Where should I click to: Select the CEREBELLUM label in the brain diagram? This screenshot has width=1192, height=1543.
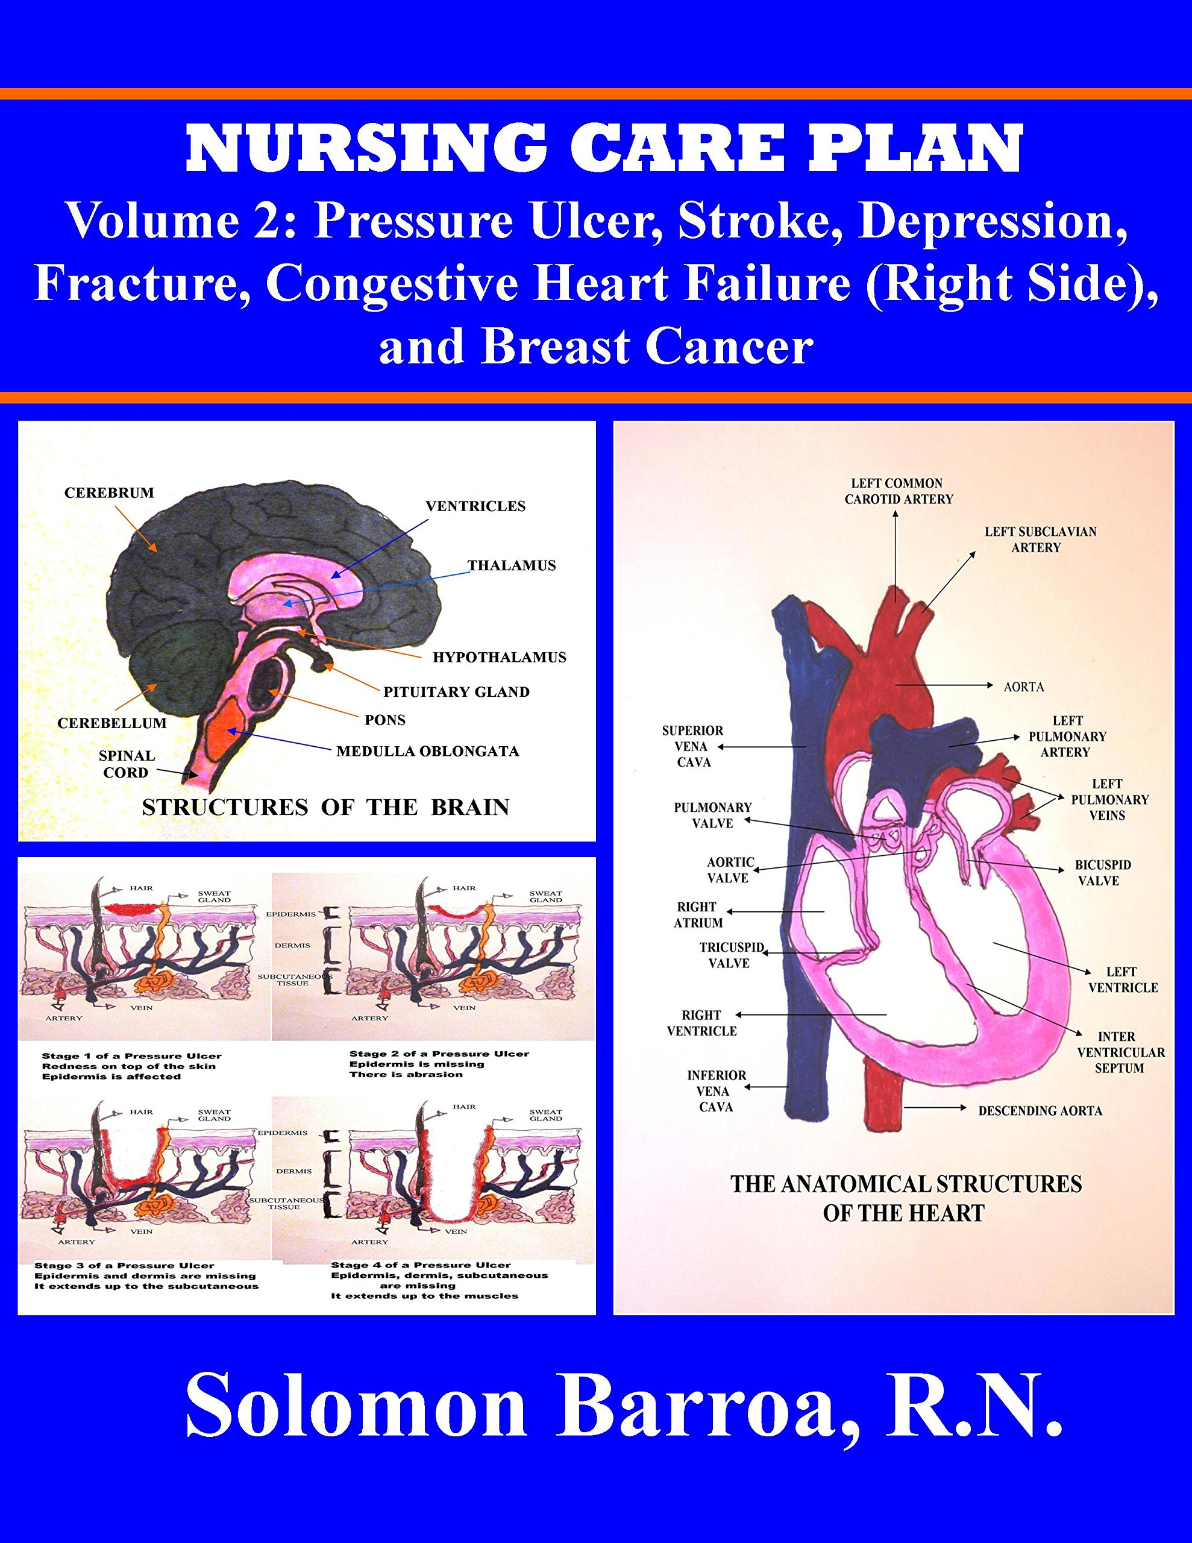click(x=111, y=723)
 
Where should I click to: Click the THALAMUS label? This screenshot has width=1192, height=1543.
click(x=512, y=565)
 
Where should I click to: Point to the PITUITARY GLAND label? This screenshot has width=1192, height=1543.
click(x=456, y=692)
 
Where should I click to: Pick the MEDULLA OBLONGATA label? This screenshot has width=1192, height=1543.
click(x=427, y=751)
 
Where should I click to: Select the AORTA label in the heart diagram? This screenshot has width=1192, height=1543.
click(x=1024, y=686)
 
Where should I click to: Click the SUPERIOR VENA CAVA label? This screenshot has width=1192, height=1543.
click(x=692, y=746)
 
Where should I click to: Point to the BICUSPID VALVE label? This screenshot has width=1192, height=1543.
click(x=1102, y=873)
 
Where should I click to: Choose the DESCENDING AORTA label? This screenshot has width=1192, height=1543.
click(x=1040, y=1111)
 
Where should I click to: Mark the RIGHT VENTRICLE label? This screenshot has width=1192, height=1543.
click(x=701, y=1023)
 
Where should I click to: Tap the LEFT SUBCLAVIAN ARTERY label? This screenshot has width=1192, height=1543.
click(x=1040, y=539)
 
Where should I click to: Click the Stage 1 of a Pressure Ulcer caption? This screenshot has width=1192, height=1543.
click(x=131, y=1056)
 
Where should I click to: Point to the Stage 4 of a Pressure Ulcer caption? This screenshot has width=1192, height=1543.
click(x=421, y=1265)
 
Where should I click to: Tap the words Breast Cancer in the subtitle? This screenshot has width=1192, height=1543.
click(x=646, y=348)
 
